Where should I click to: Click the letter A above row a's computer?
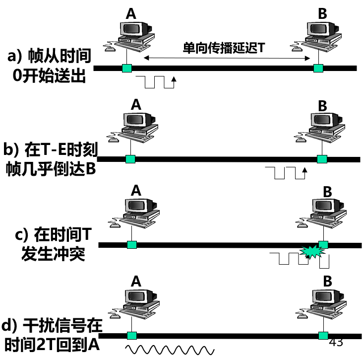pos(131,14)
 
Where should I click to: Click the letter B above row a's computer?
pos(322,14)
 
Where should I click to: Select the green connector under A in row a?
pos(127,68)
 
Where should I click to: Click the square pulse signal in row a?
pos(159,82)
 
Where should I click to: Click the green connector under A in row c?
pos(131,244)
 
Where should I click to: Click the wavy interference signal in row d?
pos(169,350)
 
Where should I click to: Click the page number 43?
pos(336,342)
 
